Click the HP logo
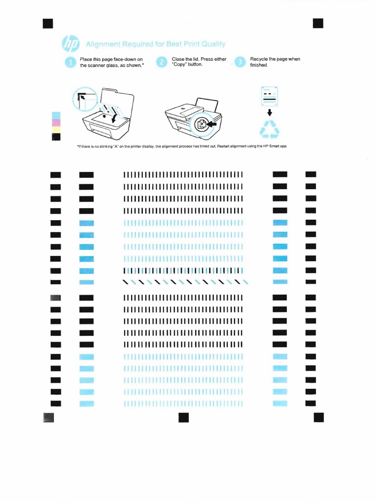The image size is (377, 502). pyautogui.click(x=71, y=44)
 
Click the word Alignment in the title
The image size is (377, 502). pyautogui.click(x=103, y=44)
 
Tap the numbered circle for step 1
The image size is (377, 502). pyautogui.click(x=70, y=62)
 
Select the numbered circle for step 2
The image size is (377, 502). pyautogui.click(x=162, y=62)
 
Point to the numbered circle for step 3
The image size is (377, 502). pyautogui.click(x=240, y=62)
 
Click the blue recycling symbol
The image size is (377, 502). pyautogui.click(x=269, y=129)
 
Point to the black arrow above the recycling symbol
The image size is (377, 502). pyautogui.click(x=269, y=112)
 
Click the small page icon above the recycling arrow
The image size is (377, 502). pyautogui.click(x=269, y=96)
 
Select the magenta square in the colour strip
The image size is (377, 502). pyautogui.click(x=56, y=123)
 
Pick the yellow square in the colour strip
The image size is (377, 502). pyautogui.click(x=56, y=130)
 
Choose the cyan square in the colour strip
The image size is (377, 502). pyautogui.click(x=56, y=116)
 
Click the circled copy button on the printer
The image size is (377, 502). pyautogui.click(x=201, y=124)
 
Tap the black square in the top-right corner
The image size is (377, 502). pyautogui.click(x=318, y=24)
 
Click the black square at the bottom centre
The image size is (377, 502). pyautogui.click(x=184, y=418)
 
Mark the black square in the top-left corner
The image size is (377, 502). pyautogui.click(x=48, y=24)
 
